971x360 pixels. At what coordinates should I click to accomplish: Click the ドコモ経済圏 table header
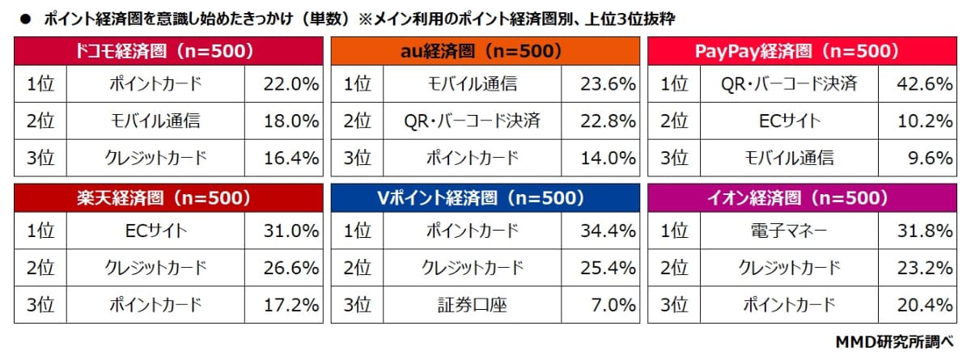pos(168,51)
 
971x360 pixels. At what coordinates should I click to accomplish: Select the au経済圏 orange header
pos(485,51)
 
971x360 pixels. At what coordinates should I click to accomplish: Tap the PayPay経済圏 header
pos(802,51)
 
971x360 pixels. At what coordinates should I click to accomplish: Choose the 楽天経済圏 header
pos(168,198)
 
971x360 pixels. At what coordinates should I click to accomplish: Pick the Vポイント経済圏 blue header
pos(485,198)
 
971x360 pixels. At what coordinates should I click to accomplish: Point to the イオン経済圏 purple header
pos(802,198)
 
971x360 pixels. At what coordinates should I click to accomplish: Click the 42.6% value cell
pos(918,84)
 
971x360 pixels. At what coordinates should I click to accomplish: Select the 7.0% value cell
pos(600,305)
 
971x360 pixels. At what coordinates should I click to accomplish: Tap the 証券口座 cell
pos(472,305)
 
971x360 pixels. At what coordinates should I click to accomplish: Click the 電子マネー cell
pos(789,231)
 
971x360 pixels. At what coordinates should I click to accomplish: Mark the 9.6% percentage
pos(918,158)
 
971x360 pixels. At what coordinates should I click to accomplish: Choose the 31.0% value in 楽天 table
pos(283,231)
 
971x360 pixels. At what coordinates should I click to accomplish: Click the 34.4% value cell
pos(600,231)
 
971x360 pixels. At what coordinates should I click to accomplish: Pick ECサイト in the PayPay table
pos(789,121)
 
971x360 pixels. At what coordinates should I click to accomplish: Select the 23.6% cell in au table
pos(600,84)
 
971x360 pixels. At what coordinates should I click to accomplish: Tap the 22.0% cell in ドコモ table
pos(283,84)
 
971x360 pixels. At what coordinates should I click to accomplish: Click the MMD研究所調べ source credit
pos(894,342)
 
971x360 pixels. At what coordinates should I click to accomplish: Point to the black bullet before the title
pos(26,19)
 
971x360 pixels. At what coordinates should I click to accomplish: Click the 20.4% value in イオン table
pos(918,305)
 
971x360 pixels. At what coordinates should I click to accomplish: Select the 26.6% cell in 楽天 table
pos(283,268)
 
